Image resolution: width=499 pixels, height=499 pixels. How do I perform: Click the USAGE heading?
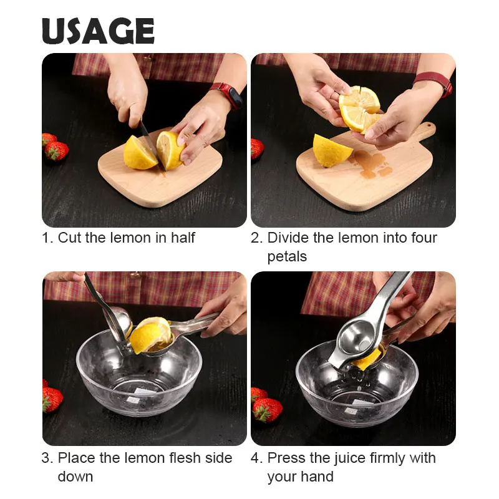(98, 31)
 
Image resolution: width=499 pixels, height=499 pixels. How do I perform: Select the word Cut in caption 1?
(69, 238)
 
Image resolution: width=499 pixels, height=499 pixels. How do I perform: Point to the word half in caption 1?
(181, 238)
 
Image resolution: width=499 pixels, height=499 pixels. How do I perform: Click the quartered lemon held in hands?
(360, 109)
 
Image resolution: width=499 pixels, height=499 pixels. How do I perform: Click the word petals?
(287, 256)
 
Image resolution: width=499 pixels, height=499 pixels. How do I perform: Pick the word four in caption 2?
(424, 238)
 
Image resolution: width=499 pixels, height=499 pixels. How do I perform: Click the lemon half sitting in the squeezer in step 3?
(150, 334)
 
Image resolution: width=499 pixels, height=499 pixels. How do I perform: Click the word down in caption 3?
(75, 477)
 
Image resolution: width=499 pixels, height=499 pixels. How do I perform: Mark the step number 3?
(47, 458)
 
